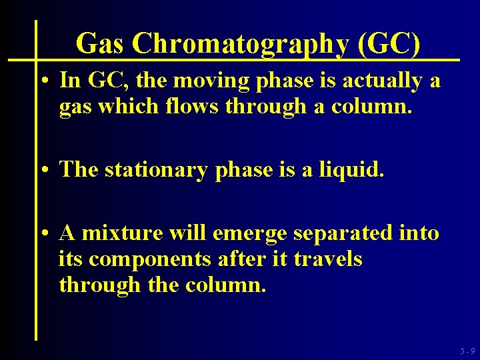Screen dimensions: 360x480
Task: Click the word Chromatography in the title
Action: [241, 45]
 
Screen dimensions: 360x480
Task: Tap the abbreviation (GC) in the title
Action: [389, 44]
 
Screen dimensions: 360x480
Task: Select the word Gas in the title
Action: [101, 44]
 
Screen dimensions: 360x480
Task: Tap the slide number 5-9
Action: [467, 351]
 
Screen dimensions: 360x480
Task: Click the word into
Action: [419, 233]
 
